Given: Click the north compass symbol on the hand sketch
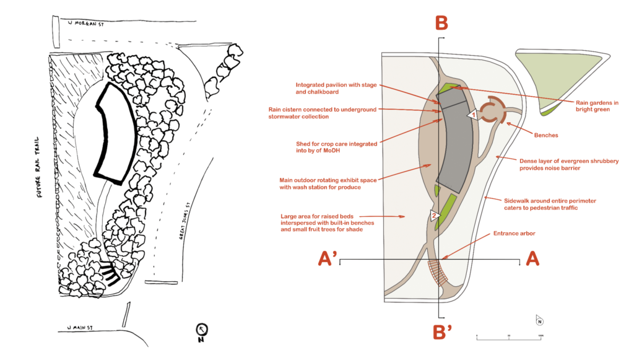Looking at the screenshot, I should [201, 331].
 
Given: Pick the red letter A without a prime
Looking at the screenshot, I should [531, 260].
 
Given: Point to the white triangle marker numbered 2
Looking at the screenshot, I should [435, 216].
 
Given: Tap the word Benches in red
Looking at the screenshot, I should [547, 134].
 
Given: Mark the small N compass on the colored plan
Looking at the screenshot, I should [539, 320].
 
